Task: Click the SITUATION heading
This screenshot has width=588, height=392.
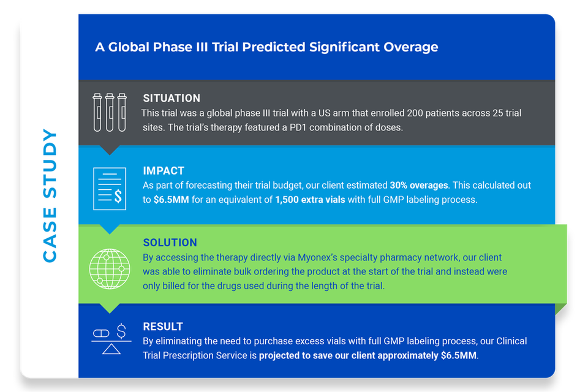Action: coord(171,98)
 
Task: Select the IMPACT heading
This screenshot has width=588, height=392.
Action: coord(164,171)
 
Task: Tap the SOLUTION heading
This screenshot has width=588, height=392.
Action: coord(170,243)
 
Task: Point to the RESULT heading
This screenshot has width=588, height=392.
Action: coord(163,326)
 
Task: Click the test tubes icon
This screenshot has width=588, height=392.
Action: coord(110,113)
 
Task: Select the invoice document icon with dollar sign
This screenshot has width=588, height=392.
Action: coord(110,189)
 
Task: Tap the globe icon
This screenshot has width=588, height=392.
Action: coord(110,269)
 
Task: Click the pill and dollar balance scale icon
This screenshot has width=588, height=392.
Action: coord(111,339)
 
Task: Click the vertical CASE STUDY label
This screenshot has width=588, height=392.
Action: coord(50,195)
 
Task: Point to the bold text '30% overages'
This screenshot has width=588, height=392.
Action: coord(419,186)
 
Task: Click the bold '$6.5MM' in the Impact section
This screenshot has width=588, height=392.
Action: coord(171,200)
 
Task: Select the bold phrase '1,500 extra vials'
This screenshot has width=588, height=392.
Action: coord(310,200)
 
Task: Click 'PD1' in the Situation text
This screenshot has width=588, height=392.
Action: coord(298,127)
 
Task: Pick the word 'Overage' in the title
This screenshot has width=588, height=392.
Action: coord(410,47)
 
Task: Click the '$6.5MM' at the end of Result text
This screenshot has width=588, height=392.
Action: coord(459,356)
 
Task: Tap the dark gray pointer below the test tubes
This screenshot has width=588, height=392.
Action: coord(110,150)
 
